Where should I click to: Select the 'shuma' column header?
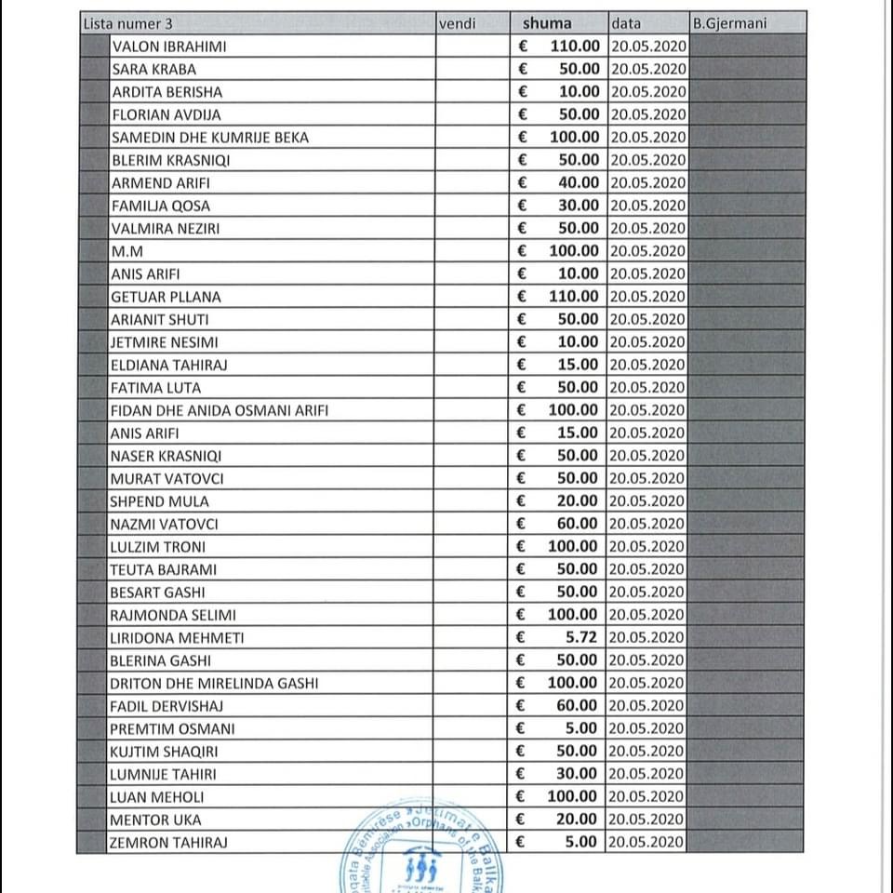(547, 23)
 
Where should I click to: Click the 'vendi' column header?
(457, 23)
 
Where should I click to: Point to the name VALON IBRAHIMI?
(168, 47)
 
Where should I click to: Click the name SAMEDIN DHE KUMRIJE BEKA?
(209, 138)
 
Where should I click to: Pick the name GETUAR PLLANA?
(166, 297)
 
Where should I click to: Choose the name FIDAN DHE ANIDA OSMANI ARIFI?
(219, 410)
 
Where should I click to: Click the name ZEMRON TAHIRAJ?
(168, 843)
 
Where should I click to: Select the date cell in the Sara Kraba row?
(648, 69)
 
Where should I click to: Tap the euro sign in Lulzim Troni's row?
(522, 547)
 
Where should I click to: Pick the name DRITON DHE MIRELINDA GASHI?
(214, 683)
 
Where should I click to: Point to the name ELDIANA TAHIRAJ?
(168, 365)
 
